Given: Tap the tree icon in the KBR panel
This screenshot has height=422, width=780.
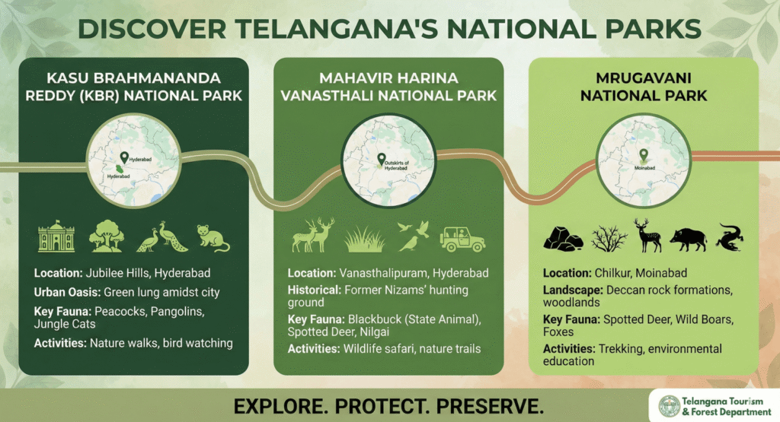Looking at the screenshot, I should pos(107,237).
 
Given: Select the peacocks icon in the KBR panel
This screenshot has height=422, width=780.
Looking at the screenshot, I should pos(161,237).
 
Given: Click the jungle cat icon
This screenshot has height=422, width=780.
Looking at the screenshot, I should pos(213,237).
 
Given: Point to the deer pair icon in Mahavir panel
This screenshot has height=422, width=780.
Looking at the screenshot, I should pos(313,236).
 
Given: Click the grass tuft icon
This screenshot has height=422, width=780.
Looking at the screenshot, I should pos(363,239).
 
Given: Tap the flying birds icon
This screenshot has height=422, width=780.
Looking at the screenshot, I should pos(412,236).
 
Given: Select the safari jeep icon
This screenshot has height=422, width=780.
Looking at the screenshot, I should pos(462,237).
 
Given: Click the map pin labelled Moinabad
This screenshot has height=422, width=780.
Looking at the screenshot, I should pos(644,155).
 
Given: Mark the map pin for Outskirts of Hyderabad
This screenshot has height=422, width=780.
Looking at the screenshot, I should pos(382,159).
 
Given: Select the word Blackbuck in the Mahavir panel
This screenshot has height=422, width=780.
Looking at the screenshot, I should pos(374,319).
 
